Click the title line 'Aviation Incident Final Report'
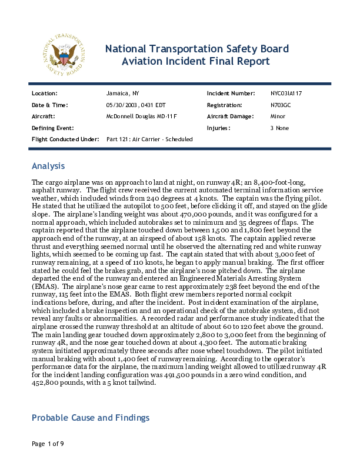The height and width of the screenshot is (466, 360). click(195, 61)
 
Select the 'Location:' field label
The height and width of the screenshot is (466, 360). click(44, 94)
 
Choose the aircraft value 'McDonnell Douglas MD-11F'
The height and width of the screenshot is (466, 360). click(141, 116)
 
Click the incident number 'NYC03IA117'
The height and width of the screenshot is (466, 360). click(286, 94)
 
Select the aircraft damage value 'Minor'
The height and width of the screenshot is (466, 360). click(278, 116)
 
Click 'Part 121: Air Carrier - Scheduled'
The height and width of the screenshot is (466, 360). click(149, 139)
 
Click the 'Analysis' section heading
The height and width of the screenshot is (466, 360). click(48, 166)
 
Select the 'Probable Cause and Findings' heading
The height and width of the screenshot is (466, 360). click(91, 418)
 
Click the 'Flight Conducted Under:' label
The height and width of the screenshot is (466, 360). click(65, 139)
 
